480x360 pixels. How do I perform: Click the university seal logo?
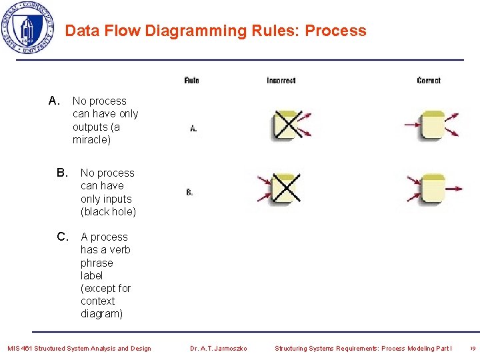pyautogui.click(x=28, y=28)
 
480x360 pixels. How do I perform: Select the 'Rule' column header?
pyautogui.click(x=191, y=81)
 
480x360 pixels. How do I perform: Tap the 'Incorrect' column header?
pyautogui.click(x=281, y=81)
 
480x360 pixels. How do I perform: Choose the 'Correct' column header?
pyautogui.click(x=429, y=81)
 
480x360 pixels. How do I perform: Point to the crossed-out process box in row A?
pyautogui.click(x=287, y=125)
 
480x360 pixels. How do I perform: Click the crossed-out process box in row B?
pyautogui.click(x=287, y=189)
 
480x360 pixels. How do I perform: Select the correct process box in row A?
pyautogui.click(x=433, y=125)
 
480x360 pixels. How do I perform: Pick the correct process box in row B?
pyautogui.click(x=433, y=189)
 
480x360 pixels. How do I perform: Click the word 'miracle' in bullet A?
pyautogui.click(x=91, y=140)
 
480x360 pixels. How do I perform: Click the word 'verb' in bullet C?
pyautogui.click(x=120, y=250)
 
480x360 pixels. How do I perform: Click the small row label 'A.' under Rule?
pyautogui.click(x=193, y=128)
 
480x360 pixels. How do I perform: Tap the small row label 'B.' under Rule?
pyautogui.click(x=190, y=193)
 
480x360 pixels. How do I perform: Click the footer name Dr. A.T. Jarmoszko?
pyautogui.click(x=219, y=348)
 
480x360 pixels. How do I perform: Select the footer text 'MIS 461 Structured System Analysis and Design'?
pyautogui.click(x=79, y=348)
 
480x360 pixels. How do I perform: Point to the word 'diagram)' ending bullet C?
pyautogui.click(x=101, y=314)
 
